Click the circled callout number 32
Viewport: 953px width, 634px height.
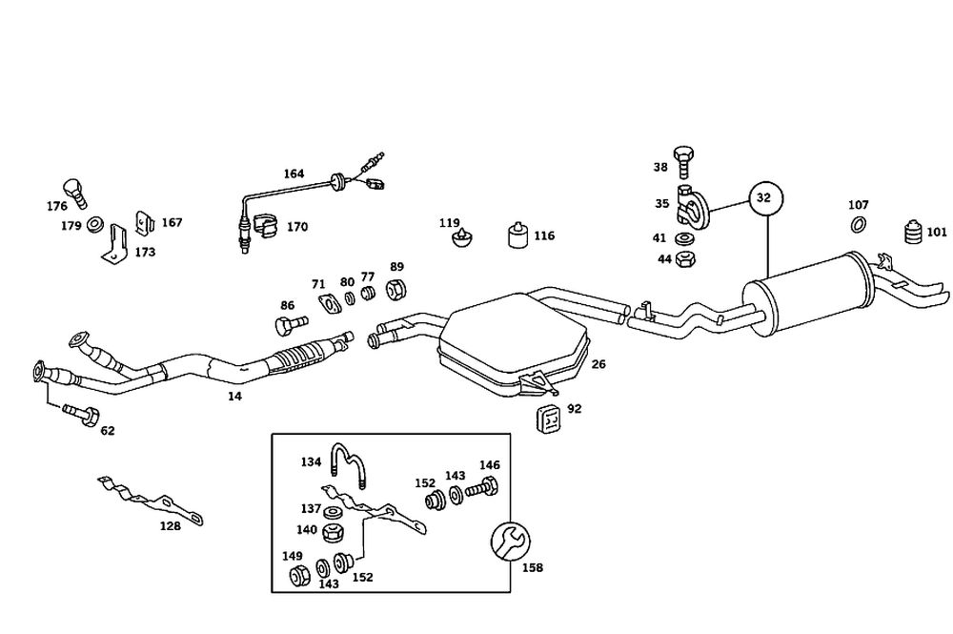pos(763,198)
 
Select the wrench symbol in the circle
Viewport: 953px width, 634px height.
pos(508,542)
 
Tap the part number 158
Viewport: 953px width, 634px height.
pos(533,567)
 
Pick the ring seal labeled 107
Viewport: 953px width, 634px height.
pos(858,225)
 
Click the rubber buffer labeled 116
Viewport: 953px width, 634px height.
pos(517,235)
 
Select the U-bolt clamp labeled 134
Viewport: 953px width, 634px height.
pos(348,465)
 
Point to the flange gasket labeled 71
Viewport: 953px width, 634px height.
pos(329,304)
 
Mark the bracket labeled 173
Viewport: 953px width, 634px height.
pos(116,242)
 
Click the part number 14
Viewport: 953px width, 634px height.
pos(234,395)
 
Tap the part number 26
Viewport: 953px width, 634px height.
pos(598,363)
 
